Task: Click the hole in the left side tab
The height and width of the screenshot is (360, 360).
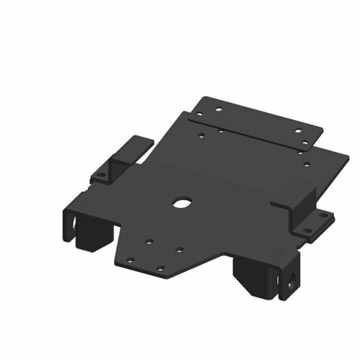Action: coord(102,173)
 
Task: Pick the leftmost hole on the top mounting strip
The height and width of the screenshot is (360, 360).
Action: coord(213,109)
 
